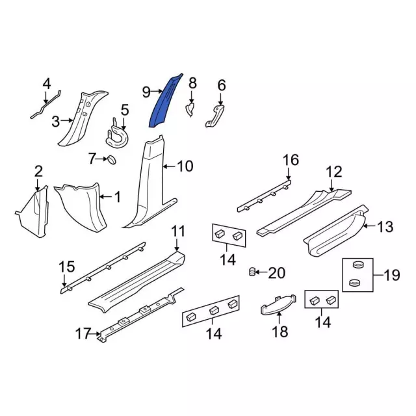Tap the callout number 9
(x=146, y=92)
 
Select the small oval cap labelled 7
(x=112, y=160)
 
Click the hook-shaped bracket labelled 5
(x=117, y=135)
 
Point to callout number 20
(x=276, y=273)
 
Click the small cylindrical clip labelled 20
(x=252, y=272)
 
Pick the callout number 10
(x=185, y=166)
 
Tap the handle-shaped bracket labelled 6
(x=215, y=116)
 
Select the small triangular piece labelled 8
(x=190, y=110)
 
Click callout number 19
(x=391, y=275)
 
